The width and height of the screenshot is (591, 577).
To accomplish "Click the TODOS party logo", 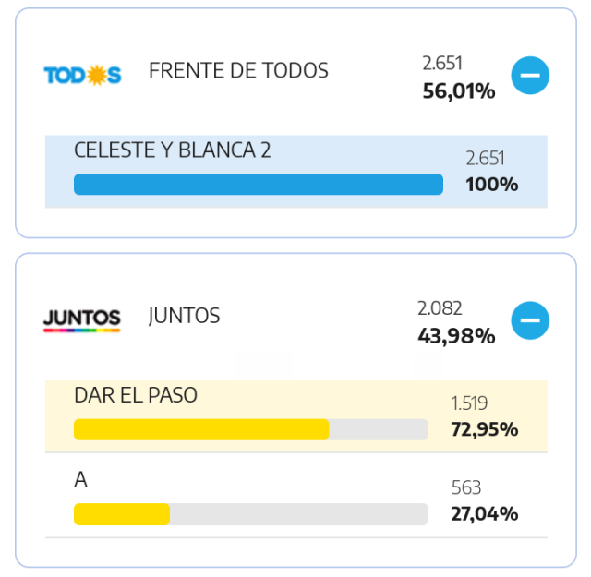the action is [82, 75].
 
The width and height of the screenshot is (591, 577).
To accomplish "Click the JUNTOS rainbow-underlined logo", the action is [82, 320].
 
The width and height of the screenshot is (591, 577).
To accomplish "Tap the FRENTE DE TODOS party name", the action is [238, 70].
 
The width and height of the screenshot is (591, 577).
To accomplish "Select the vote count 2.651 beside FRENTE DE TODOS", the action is [442, 63].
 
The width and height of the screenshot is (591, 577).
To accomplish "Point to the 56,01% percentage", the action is [459, 91].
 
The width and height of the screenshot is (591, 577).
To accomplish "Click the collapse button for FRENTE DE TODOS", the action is [530, 75].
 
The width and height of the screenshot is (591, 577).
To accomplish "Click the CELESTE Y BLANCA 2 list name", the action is [173, 150].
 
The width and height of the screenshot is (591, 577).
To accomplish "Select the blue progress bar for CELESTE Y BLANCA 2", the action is [259, 185].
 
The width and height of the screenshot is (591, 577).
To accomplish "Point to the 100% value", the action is [492, 185].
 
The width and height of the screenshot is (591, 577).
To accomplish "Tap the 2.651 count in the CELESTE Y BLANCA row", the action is [485, 158].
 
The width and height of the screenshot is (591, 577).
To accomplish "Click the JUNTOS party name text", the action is [184, 316].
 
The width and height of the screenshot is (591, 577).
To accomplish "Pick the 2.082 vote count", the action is [440, 308].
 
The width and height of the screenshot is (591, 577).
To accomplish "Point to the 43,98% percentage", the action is [456, 336].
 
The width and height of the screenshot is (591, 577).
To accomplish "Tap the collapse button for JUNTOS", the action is [530, 320].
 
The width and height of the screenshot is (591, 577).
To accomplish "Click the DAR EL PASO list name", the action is [136, 395].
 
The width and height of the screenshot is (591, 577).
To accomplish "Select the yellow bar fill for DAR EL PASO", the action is [201, 429].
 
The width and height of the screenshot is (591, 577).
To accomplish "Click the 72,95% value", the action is [485, 429].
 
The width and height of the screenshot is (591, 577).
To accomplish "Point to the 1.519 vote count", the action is [469, 403].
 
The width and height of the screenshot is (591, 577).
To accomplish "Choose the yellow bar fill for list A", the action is [122, 514].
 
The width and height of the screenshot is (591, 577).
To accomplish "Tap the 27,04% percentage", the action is [485, 513].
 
